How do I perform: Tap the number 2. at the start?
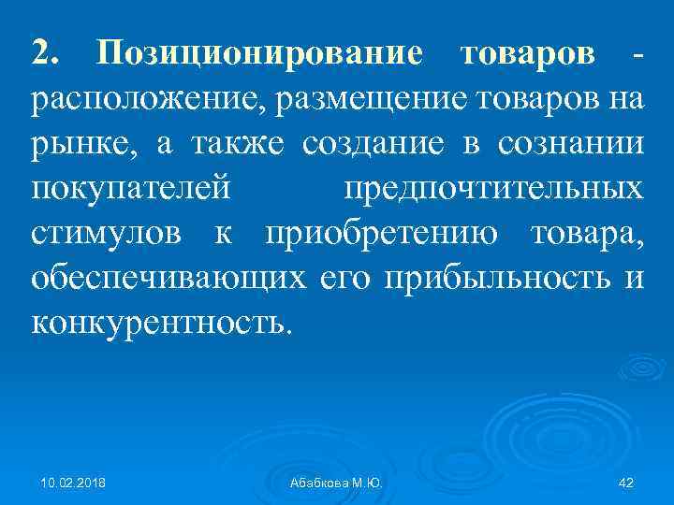click(47, 52)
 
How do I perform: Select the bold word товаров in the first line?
click(528, 53)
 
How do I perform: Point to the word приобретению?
click(384, 233)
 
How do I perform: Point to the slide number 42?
click(626, 481)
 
